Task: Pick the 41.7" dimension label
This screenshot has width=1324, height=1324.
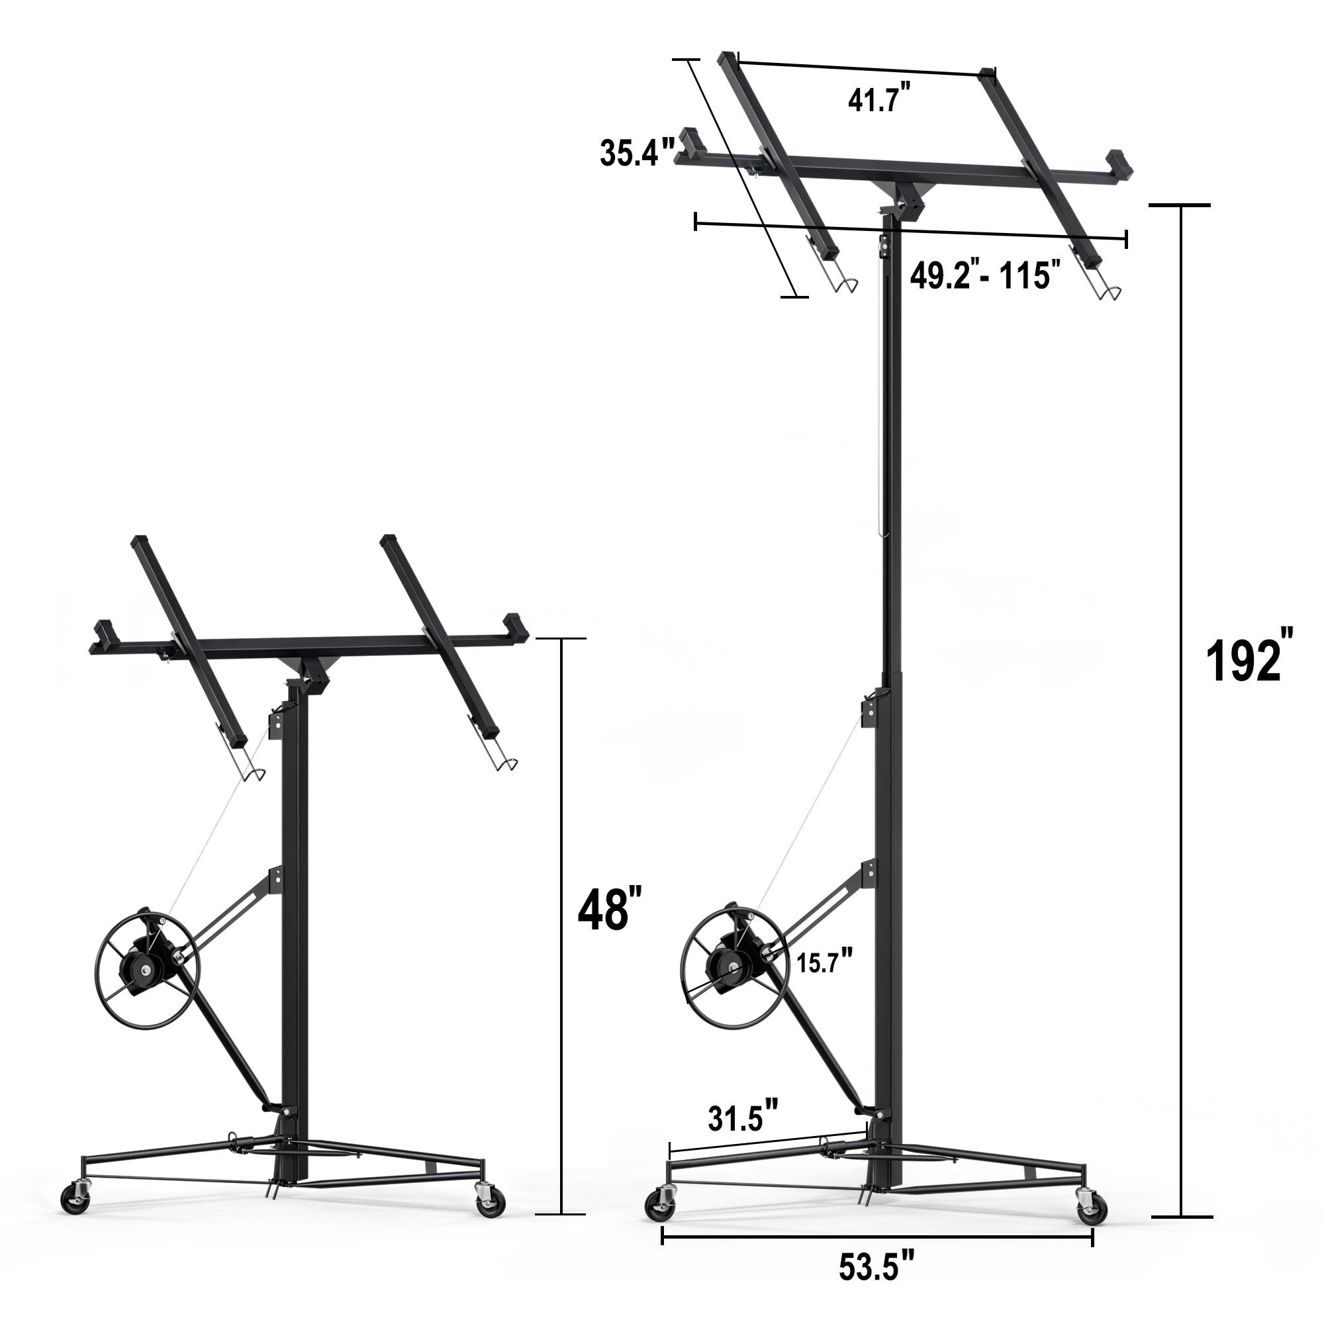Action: click(880, 98)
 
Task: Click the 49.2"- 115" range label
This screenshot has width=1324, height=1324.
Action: click(981, 275)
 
